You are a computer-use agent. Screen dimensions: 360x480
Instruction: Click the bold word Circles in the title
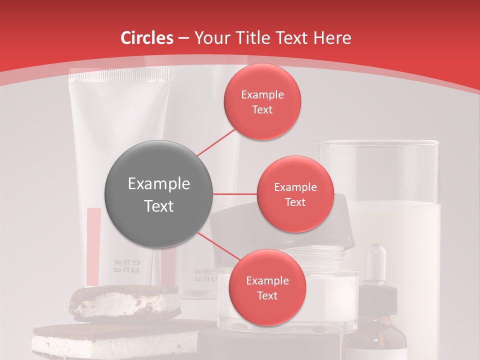pos(147,38)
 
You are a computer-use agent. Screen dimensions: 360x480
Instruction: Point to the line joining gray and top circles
pos(216,142)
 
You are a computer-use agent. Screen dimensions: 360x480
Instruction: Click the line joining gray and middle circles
pos(235,194)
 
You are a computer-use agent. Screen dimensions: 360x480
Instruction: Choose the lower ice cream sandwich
pos(115,340)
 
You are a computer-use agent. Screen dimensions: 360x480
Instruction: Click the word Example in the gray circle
pos(158,184)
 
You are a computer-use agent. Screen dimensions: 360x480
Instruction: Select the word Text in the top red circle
pos(262,110)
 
